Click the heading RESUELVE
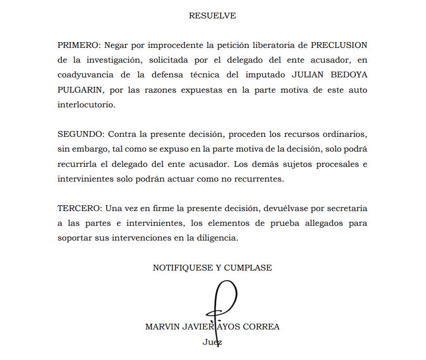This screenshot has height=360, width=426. click(x=212, y=16)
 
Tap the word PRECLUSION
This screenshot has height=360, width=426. click(x=339, y=45)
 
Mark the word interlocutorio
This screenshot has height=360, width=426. click(x=86, y=105)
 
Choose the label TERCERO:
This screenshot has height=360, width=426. click(x=79, y=208)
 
